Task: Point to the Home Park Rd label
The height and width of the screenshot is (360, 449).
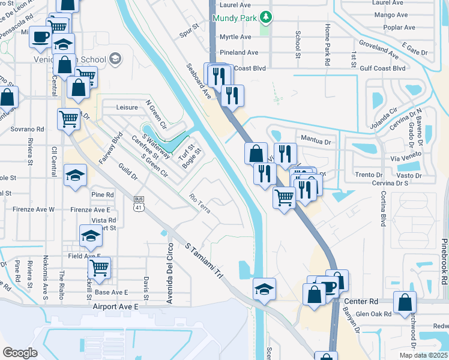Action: pyautogui.click(x=328, y=46)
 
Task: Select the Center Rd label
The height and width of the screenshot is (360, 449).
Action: pyautogui.click(x=361, y=300)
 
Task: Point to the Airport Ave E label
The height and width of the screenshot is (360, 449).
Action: pyautogui.click(x=116, y=306)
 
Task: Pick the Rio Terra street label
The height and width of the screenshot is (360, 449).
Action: pyautogui.click(x=200, y=203)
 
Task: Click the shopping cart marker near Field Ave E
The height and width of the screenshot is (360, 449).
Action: pyautogui.click(x=98, y=268)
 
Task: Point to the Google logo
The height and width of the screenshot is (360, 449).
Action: pyautogui.click(x=20, y=352)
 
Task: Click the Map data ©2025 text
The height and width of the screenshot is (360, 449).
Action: pyautogui.click(x=423, y=355)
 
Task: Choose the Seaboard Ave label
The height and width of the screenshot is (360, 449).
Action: pyautogui.click(x=199, y=81)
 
